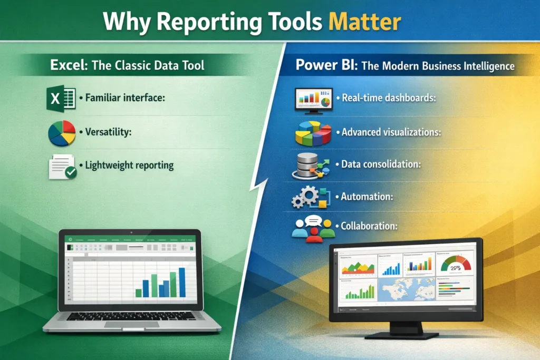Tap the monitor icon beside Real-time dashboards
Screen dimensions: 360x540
[313, 99]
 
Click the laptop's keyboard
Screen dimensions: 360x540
[131, 316]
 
